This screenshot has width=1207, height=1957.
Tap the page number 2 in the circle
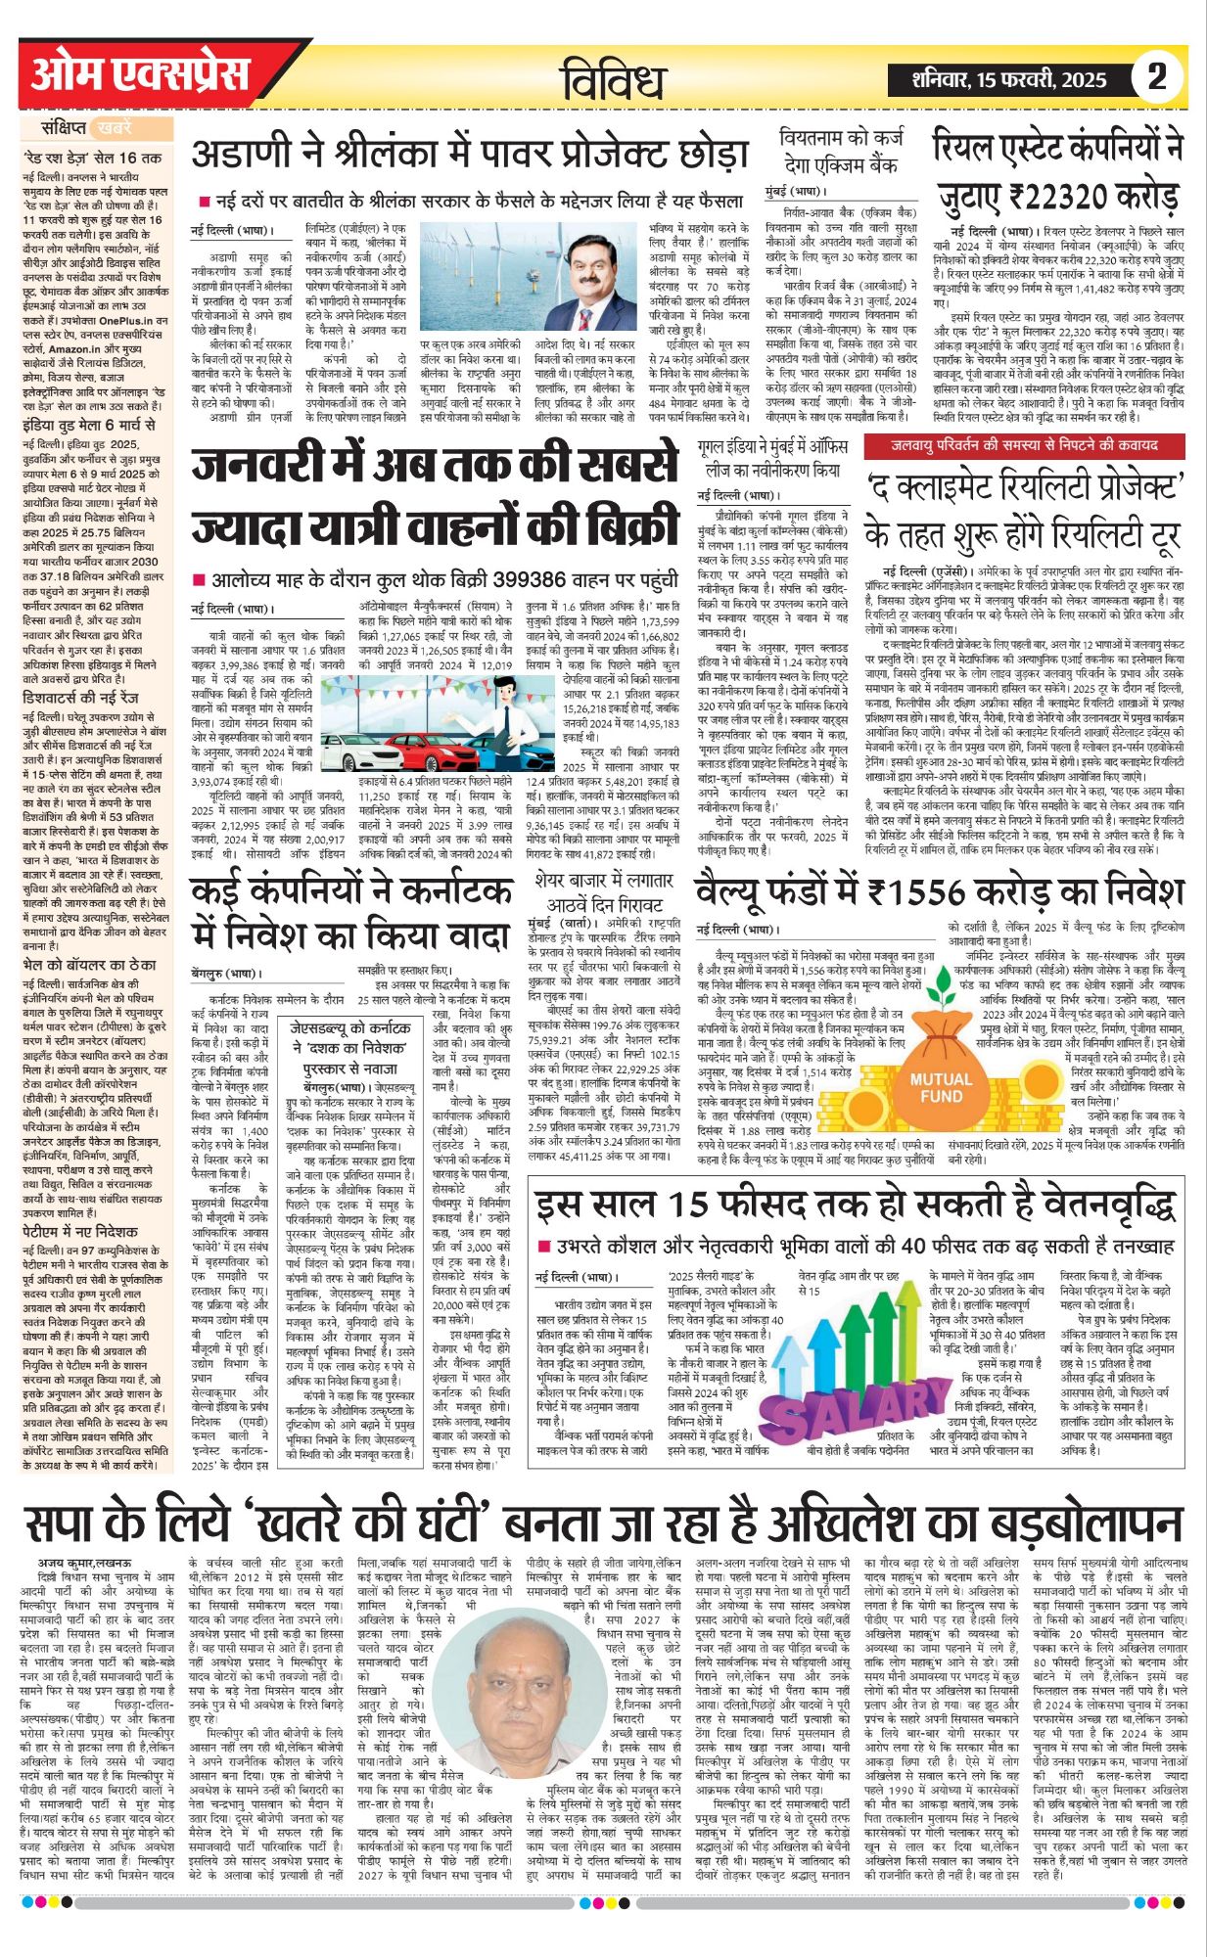tap(1157, 76)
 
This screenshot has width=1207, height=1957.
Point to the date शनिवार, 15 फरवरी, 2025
tap(1009, 79)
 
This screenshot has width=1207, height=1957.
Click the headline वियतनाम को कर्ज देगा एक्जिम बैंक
tap(839, 151)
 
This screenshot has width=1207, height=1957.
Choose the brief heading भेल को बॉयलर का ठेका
tap(89, 936)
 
